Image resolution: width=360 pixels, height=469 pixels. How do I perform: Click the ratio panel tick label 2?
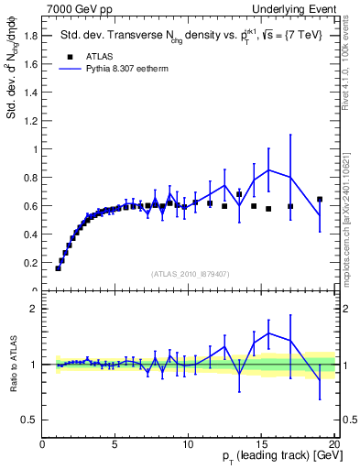[34, 309]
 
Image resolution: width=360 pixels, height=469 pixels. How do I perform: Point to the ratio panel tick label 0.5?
[30, 420]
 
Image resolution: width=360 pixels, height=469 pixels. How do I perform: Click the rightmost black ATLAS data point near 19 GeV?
[320, 199]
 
